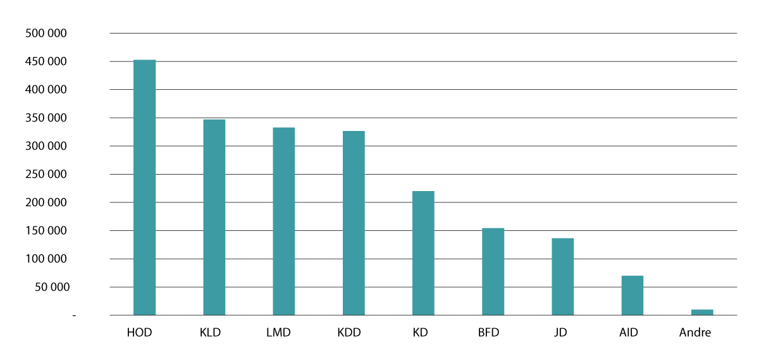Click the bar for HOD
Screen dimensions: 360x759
[144, 187]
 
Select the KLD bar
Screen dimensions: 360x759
[214, 217]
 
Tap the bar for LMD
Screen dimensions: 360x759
[283, 221]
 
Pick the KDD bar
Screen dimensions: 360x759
[354, 223]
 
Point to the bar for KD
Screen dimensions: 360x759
[423, 253]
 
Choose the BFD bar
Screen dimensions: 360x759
[493, 271]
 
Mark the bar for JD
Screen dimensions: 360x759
[562, 276]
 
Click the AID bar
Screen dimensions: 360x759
[632, 295]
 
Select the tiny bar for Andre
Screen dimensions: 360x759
[702, 312]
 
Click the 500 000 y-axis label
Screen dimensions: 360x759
[46, 34]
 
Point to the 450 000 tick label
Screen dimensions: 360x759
[46, 62]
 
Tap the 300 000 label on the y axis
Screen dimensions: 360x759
[46, 146]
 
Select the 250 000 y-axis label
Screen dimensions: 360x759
[46, 175]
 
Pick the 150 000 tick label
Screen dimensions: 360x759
[46, 231]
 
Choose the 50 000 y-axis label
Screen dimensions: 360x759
[49, 287]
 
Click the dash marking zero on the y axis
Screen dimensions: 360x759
[74, 315]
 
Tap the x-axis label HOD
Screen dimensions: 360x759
[139, 333]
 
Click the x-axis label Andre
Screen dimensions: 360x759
[695, 333]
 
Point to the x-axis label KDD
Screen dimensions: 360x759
[349, 333]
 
